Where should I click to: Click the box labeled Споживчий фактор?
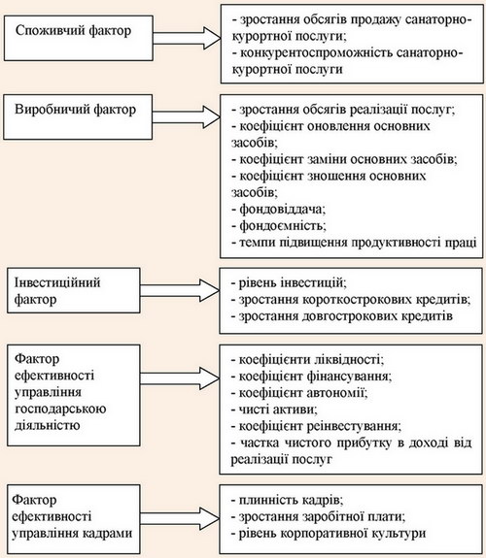click(79, 38)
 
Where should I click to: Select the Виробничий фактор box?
click(78, 116)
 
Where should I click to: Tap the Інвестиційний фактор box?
click(74, 290)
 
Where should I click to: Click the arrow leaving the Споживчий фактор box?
click(187, 38)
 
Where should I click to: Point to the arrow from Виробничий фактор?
click(186, 116)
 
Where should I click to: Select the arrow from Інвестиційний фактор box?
click(180, 290)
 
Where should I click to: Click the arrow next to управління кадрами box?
click(180, 518)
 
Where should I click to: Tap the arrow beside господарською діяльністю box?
click(180, 377)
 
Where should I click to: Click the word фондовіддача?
click(282, 210)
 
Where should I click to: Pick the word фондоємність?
click(283, 225)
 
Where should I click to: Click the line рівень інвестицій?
click(289, 283)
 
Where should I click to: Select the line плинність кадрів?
click(287, 500)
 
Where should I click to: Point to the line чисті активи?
click(274, 410)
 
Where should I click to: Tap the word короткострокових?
click(358, 300)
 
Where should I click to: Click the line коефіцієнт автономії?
click(299, 393)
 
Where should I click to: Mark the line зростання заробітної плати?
click(318, 516)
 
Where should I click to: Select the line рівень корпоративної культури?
click(329, 533)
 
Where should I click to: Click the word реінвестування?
click(354, 426)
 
